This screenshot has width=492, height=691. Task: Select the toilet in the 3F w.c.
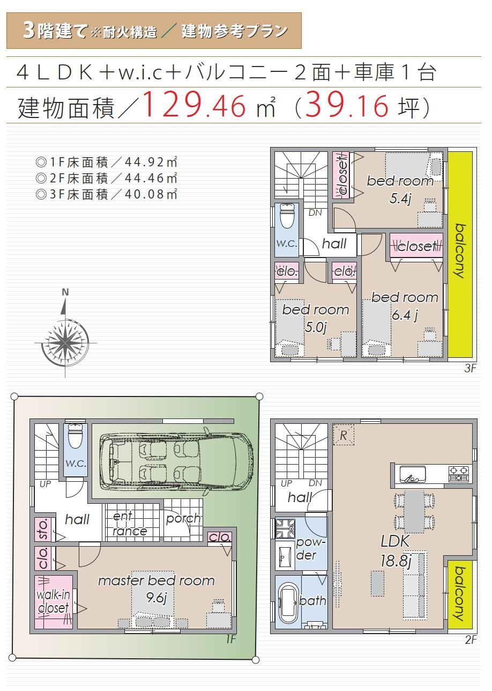tap(287, 215)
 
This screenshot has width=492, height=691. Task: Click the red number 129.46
tap(194, 105)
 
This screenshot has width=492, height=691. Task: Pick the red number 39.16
tap(347, 105)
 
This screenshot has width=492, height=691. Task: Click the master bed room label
tap(156, 581)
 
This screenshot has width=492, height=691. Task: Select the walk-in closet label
tap(53, 601)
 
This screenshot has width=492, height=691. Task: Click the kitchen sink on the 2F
tap(413, 474)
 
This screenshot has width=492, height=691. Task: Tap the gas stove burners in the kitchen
tap(459, 474)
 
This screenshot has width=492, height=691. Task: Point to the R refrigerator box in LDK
tap(344, 435)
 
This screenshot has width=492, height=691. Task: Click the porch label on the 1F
tap(183, 518)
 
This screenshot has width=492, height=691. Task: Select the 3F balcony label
tap(460, 251)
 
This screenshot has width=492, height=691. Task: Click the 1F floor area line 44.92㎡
tap(107, 162)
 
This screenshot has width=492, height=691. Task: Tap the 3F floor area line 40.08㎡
tap(107, 194)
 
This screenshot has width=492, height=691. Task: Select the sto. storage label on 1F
tap(43, 529)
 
